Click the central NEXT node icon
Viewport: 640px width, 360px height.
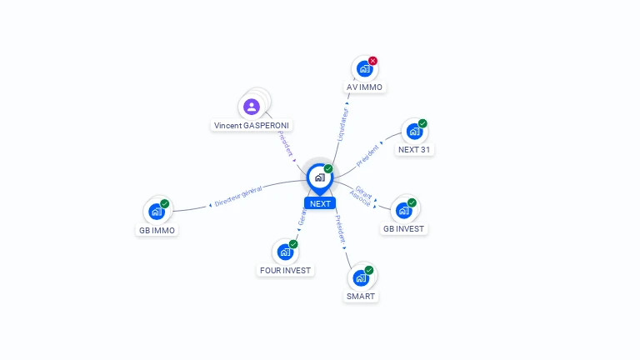tap(319, 177)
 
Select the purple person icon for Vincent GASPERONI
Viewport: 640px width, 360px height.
tap(252, 107)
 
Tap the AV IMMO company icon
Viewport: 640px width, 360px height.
tap(364, 69)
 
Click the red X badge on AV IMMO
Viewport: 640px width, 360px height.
tap(372, 61)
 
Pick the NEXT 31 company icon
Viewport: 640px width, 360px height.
tap(414, 132)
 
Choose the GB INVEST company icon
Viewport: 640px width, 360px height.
tap(403, 211)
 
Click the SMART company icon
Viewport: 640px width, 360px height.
tap(361, 278)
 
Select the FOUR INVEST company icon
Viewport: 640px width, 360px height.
tap(285, 252)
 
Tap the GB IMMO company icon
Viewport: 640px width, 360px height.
tap(156, 212)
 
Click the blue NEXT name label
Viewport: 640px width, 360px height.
tap(320, 203)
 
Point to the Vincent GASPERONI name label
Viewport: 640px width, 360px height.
tap(252, 125)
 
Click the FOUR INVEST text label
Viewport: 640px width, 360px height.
tap(285, 270)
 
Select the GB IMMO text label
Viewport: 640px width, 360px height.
tap(157, 230)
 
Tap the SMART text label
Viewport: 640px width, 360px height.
tap(361, 296)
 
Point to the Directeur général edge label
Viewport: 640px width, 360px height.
tap(237, 197)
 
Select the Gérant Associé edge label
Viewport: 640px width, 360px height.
tap(362, 196)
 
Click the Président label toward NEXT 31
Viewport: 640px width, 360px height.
tap(367, 153)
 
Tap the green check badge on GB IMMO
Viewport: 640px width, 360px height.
tap(164, 204)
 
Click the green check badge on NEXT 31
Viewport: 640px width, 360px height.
tap(422, 123)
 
